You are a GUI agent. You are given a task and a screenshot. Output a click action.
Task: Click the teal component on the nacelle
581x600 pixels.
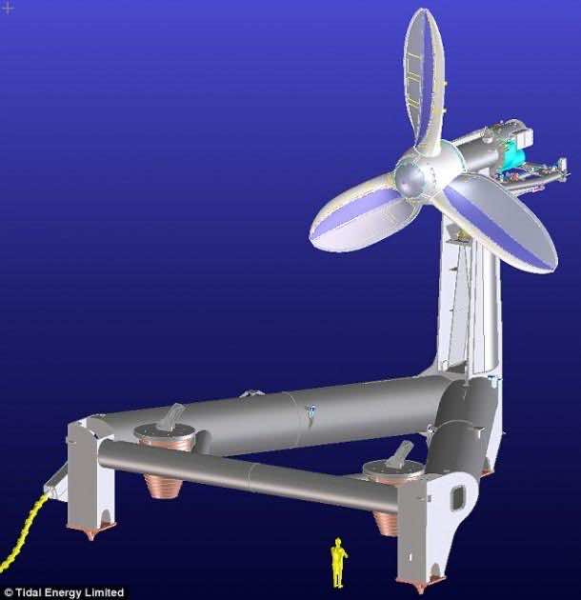coord(514,152)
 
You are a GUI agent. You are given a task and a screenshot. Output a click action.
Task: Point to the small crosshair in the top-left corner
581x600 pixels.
coord(8,8)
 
